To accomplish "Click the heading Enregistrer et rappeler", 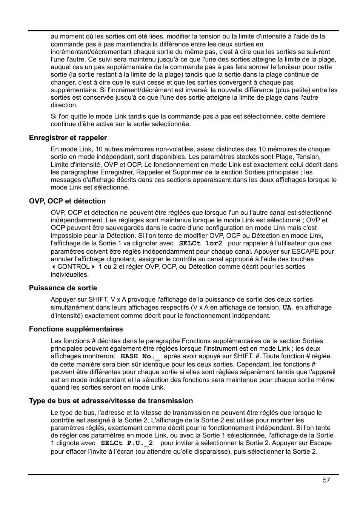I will [68, 138].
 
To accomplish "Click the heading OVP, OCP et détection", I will [67, 201].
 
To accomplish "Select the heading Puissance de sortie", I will [63, 288].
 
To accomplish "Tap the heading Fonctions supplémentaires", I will [76, 329].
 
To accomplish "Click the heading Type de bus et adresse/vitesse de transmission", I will [111, 401].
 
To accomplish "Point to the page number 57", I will [326, 480].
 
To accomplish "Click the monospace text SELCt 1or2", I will [200, 243].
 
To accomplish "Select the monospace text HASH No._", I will [140, 356].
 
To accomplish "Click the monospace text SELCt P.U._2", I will [126, 443].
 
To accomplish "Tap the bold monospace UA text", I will [287, 308].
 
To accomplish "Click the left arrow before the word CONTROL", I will [53, 267].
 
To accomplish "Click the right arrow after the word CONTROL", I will [93, 267].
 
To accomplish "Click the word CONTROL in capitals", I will [73, 267].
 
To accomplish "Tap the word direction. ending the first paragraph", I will [64, 105].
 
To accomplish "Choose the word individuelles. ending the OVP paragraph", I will [70, 274].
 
